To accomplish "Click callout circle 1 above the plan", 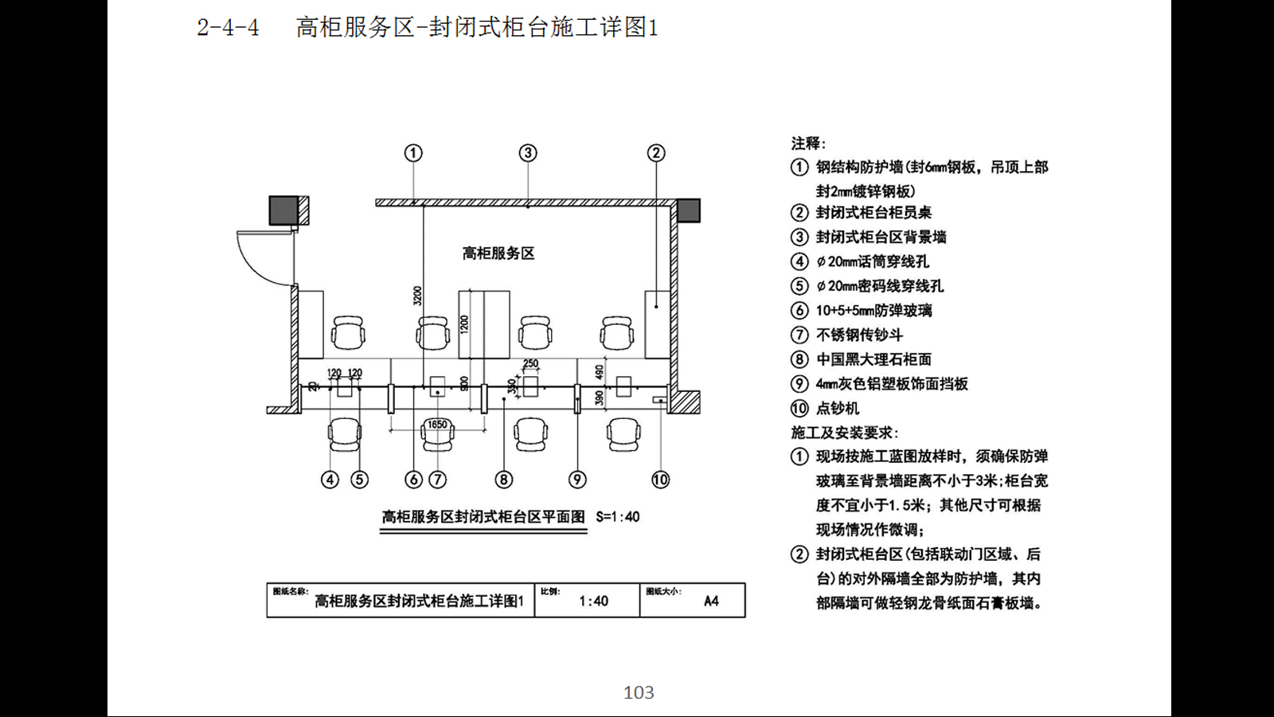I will tap(412, 153).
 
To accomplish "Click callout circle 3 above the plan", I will tap(528, 153).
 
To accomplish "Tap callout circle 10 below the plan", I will tap(660, 480).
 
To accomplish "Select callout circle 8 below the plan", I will tap(503, 480).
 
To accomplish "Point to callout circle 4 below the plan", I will tap(330, 480).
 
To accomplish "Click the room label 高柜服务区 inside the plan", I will tap(498, 253).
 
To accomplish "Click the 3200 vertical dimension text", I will tap(417, 296).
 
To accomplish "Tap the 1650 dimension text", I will tap(437, 425).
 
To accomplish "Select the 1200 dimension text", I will tap(464, 324).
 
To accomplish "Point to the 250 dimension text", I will tap(530, 363).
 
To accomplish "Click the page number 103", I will tap(639, 692).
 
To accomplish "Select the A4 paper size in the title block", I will tap(711, 601).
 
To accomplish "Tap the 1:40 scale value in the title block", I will tap(593, 601).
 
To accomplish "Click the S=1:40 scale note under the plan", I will tap(618, 517).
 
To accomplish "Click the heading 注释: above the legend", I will tap(808, 143).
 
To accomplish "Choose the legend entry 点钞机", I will tap(837, 409).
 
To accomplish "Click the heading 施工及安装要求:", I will tap(845, 433).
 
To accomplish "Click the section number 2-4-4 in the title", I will tap(228, 28).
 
